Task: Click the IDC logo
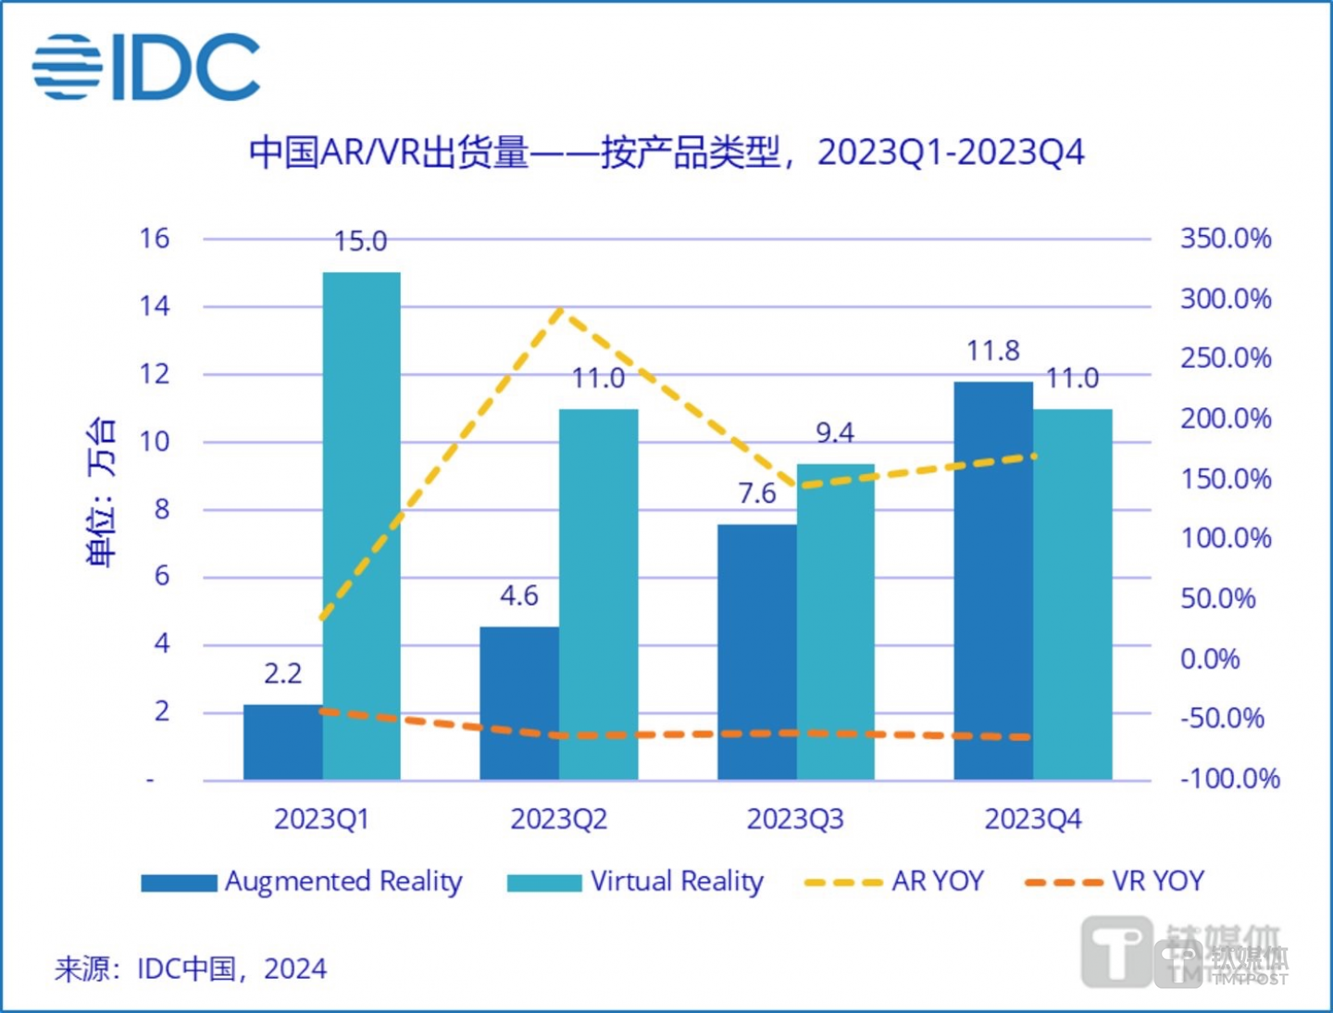(x=146, y=67)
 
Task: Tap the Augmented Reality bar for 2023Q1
(x=282, y=742)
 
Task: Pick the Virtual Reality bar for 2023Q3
(x=835, y=621)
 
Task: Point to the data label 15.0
(x=360, y=242)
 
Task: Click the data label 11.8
(x=993, y=351)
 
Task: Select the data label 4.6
(x=518, y=595)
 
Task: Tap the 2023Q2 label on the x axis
(x=558, y=819)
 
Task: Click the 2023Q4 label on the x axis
(x=1032, y=819)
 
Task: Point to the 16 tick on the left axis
(x=155, y=239)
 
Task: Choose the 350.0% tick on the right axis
(x=1225, y=239)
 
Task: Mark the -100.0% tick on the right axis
(x=1229, y=779)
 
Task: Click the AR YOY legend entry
(x=894, y=881)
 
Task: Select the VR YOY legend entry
(x=1115, y=881)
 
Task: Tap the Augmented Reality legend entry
(x=302, y=881)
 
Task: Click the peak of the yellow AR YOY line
(x=559, y=310)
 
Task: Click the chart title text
(x=666, y=153)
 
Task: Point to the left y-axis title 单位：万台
(x=101, y=491)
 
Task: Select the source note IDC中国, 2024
(x=191, y=969)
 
